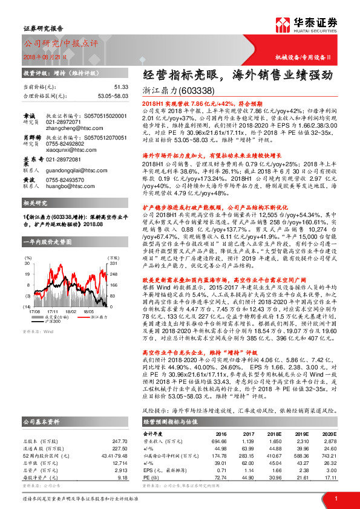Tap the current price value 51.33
click(x=120, y=88)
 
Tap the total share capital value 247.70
click(x=120, y=426)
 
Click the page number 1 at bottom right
click(x=336, y=498)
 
